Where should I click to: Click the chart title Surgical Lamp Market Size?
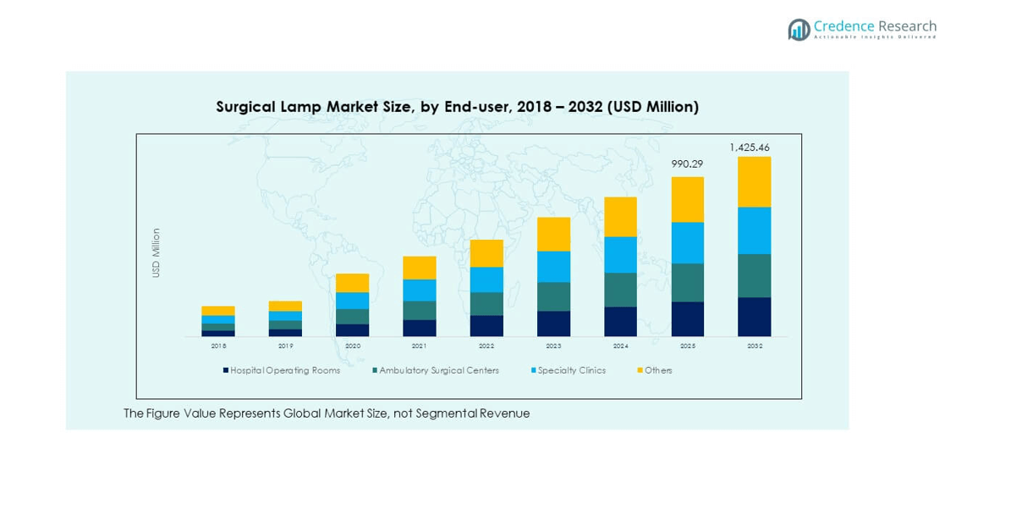coord(457,107)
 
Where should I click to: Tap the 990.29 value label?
coord(687,164)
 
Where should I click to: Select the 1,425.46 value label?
coord(750,147)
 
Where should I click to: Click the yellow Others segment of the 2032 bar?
coord(754,182)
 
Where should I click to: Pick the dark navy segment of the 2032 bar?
coord(754,317)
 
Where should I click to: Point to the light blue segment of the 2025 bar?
coord(687,243)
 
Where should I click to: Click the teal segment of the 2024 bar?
coord(620,290)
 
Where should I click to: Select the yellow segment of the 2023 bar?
coord(553,235)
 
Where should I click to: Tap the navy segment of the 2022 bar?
coord(486,326)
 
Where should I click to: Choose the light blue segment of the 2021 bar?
coord(420,291)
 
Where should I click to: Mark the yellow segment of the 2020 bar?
coord(353,283)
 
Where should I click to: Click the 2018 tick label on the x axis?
coord(218,346)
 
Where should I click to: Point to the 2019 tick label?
coord(286,346)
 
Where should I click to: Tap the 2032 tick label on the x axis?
coord(754,346)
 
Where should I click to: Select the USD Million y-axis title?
coord(156,252)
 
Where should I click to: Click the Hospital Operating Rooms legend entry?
coord(284,370)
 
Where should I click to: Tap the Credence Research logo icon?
coord(799,30)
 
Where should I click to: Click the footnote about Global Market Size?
coord(327,413)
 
